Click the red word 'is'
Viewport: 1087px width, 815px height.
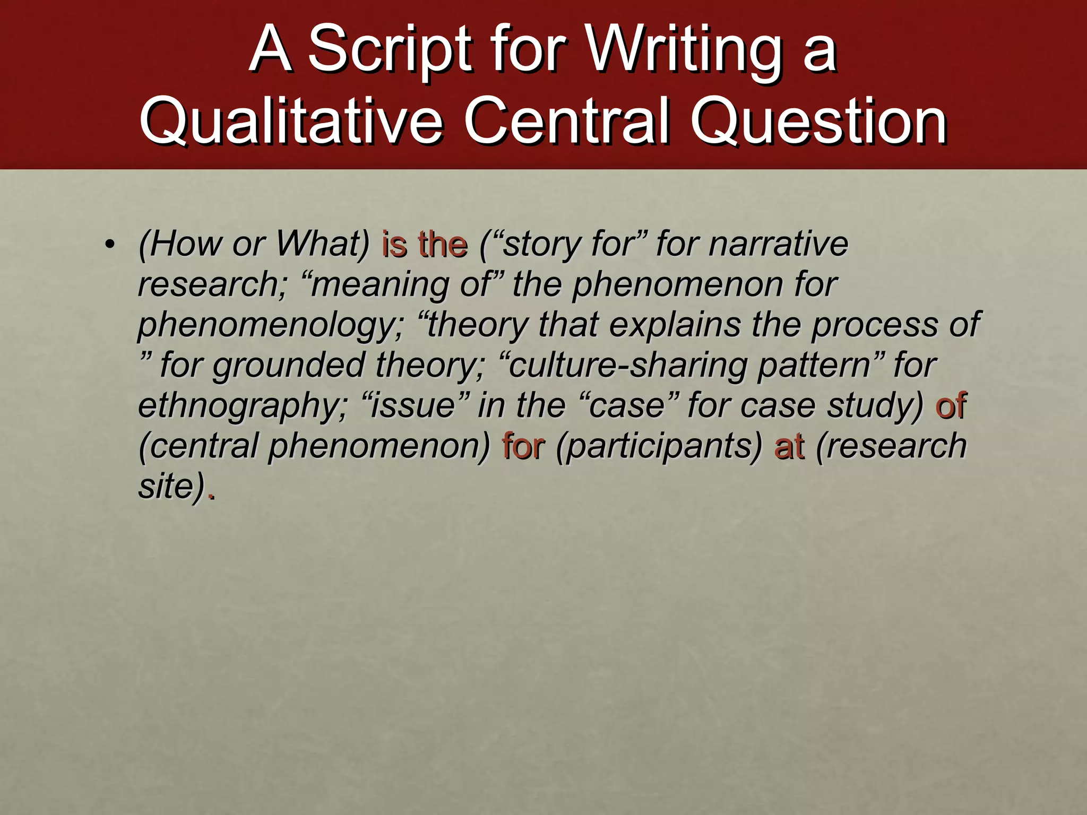click(394, 244)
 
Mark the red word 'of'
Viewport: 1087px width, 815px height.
click(951, 405)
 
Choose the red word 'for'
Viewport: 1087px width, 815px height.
click(523, 446)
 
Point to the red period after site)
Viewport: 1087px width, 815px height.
click(211, 496)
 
